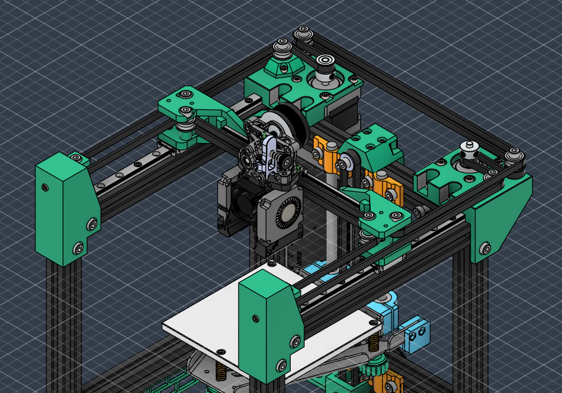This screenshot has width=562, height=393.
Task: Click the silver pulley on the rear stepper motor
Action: coord(324,66)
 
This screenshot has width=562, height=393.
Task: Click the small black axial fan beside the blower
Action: coord(242,204)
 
